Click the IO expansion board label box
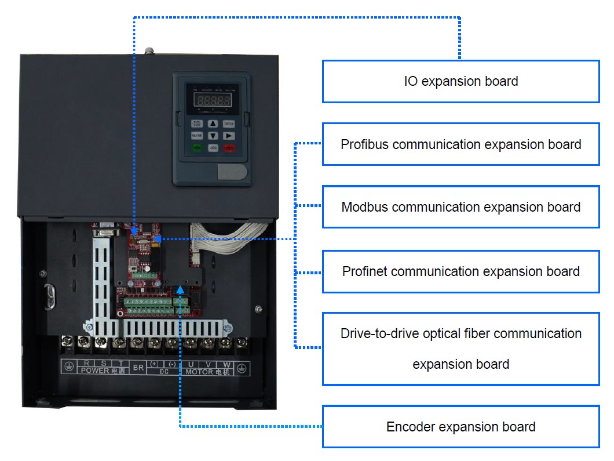coord(460,81)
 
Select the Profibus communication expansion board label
coord(460,144)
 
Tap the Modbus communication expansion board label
coord(460,207)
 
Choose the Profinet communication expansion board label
coord(460,271)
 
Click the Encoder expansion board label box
coord(460,427)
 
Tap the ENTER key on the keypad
coord(229,124)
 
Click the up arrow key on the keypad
coord(213,124)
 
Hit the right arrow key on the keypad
coord(229,136)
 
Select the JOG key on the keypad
coord(213,148)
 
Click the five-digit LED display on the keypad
coord(212,100)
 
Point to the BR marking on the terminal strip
coord(138,367)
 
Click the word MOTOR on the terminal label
coord(199,371)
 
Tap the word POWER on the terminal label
coord(94,371)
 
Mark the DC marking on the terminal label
coord(164,371)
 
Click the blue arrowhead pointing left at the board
coord(158,238)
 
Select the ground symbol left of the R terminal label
coord(68,367)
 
